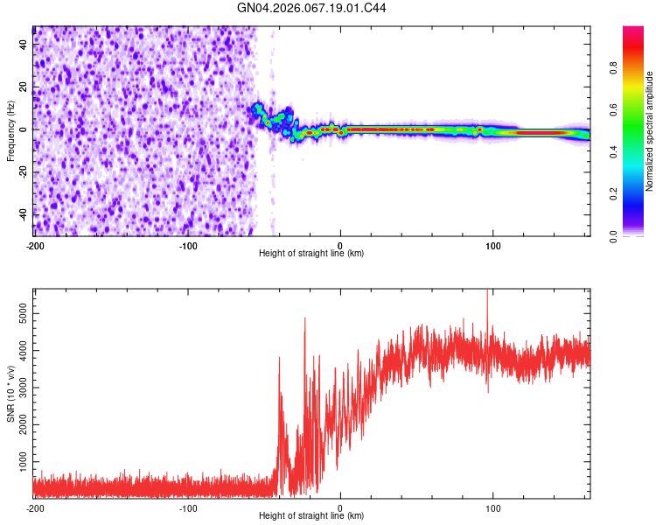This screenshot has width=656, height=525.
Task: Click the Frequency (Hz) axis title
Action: coord(10,131)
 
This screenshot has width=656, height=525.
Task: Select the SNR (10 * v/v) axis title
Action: coord(10,393)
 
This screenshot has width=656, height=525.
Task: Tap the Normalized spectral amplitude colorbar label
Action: coord(650,131)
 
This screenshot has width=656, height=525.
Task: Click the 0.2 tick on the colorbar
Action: coord(616,194)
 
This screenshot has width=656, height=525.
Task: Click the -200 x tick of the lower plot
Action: coord(35,507)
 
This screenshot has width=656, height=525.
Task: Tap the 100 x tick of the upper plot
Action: coord(492,245)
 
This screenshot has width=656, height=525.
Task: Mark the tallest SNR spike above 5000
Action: coord(487,292)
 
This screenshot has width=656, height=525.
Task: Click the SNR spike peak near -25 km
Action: coord(304,318)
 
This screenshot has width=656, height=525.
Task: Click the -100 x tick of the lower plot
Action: coord(188,507)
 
